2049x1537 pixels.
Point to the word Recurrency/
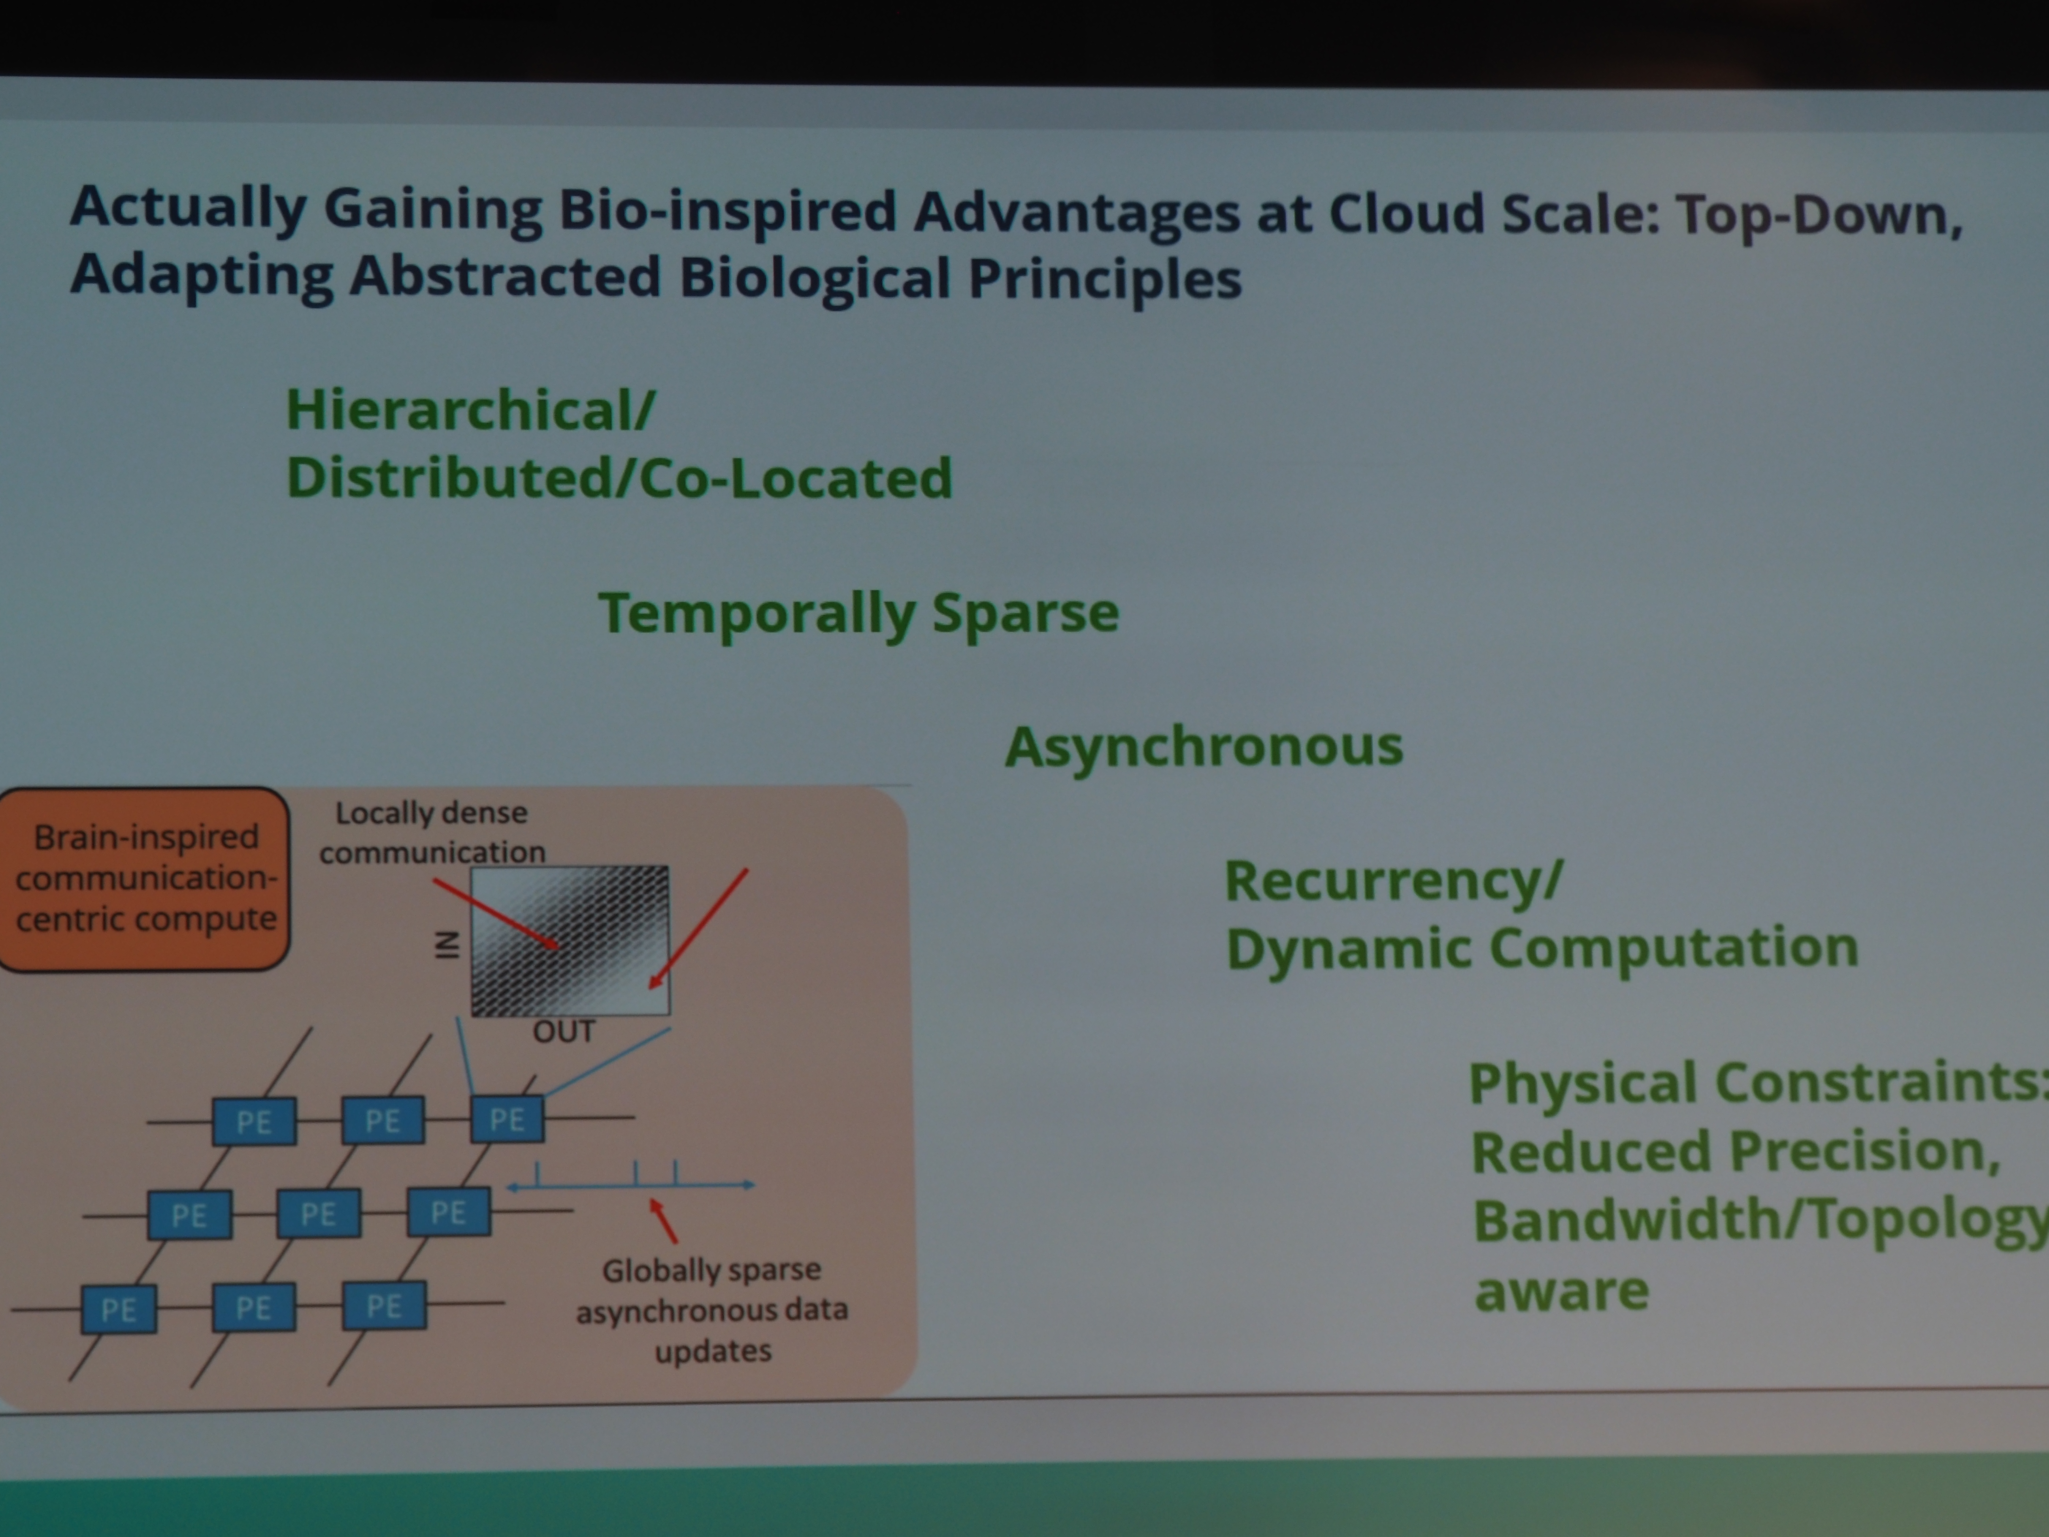[x=1394, y=880]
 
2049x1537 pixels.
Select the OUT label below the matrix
[x=563, y=1031]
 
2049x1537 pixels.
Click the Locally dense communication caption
[x=432, y=832]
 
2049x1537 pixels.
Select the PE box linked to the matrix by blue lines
[x=507, y=1119]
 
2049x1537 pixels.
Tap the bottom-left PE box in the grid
[x=119, y=1309]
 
